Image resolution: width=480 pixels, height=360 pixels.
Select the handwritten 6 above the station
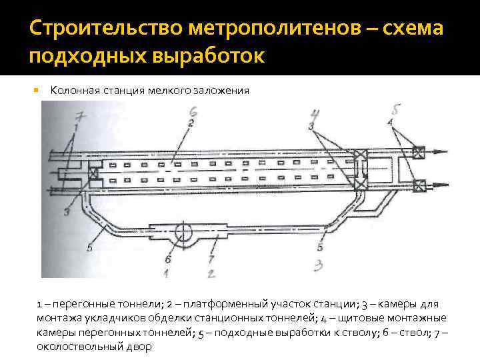point(193,111)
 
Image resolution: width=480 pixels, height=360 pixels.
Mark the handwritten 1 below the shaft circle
point(165,272)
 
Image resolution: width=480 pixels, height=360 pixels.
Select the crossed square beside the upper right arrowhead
point(419,151)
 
